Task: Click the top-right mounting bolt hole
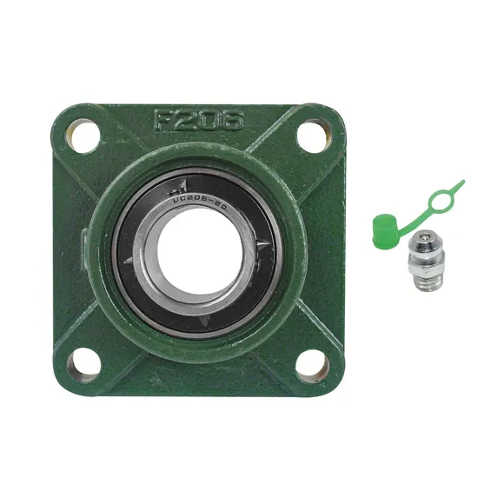[309, 136]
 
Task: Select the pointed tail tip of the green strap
[461, 182]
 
